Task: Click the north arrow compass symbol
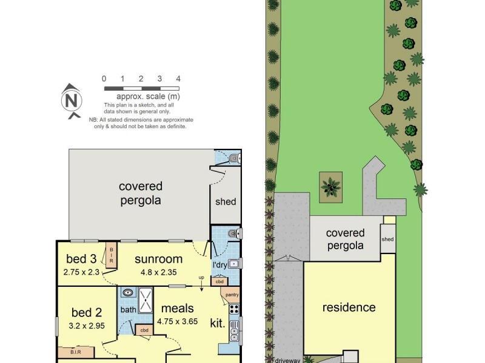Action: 72,99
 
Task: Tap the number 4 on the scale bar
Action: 178,79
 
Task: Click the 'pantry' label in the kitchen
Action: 232,295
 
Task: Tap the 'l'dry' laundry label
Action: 219,266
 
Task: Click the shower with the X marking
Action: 145,299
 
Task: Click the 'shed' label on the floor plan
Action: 226,201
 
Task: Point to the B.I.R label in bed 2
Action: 76,352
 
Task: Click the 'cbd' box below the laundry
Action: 218,281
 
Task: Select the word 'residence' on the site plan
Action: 349,307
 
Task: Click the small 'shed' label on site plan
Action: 387,239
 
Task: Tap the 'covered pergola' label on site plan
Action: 345,239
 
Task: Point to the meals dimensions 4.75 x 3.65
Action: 178,322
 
